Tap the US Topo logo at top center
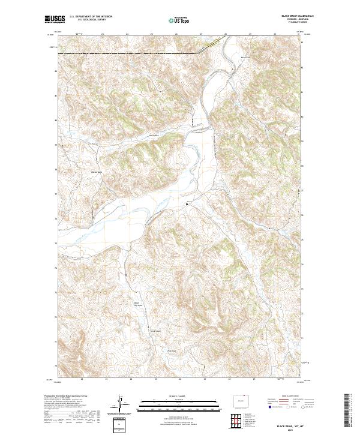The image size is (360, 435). point(180,20)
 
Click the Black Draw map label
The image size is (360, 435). point(154,136)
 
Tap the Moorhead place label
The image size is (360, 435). point(245,58)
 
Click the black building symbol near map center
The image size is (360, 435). point(187,205)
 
